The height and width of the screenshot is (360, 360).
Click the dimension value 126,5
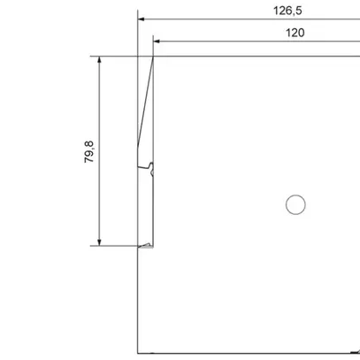pos(287,11)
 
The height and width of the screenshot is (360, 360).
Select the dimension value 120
pos(295,33)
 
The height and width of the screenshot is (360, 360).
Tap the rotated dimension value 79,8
pos(88,152)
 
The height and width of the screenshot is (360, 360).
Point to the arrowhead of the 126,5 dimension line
pos(141,19)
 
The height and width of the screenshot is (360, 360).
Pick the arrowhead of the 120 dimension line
pos(157,42)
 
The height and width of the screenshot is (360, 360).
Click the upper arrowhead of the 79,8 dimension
pos(99,59)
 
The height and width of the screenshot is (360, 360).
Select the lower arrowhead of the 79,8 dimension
pos(99,242)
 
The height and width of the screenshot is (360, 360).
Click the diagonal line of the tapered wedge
pos(145,101)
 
